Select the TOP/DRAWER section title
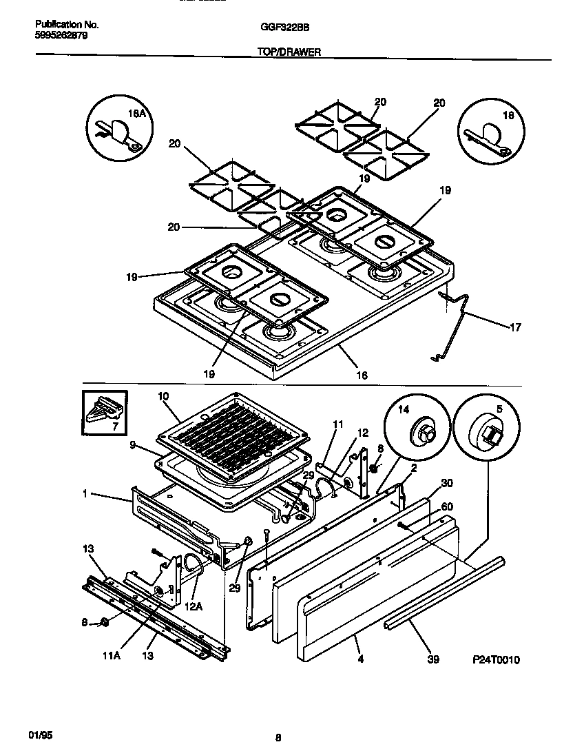289,52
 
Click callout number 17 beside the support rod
514,327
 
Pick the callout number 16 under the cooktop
361,375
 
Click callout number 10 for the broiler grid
163,396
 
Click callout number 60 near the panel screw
446,508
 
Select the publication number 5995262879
61,35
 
